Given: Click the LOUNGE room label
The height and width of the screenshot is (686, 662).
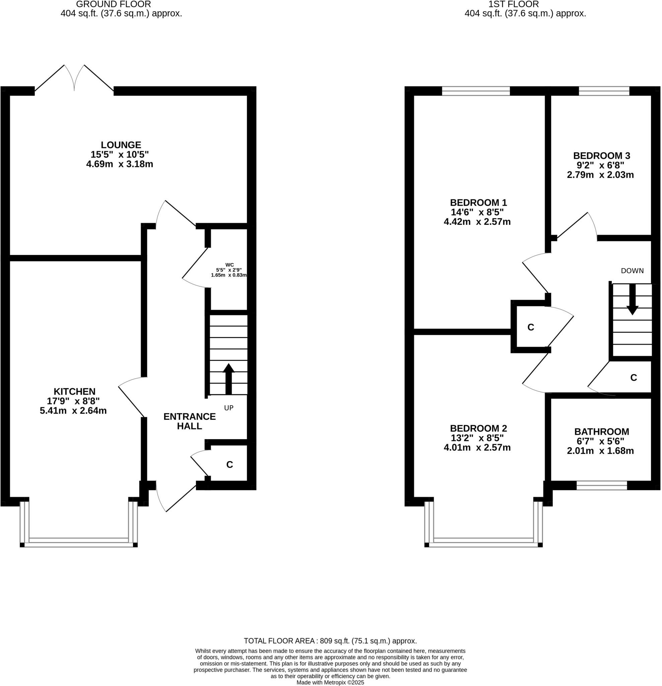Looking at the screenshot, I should click(x=121, y=145).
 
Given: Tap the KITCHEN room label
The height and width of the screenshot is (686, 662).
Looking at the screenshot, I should click(x=74, y=391).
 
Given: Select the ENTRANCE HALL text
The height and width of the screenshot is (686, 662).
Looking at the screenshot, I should click(x=189, y=421).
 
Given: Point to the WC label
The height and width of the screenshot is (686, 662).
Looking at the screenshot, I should click(x=229, y=265).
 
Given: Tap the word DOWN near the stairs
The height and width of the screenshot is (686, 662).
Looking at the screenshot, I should click(x=632, y=271).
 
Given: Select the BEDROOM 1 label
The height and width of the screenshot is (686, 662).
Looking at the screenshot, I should click(x=478, y=202).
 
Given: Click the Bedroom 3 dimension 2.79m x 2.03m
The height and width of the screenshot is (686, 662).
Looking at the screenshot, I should click(x=600, y=175).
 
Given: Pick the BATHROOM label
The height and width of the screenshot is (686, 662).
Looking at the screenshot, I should click(x=601, y=431).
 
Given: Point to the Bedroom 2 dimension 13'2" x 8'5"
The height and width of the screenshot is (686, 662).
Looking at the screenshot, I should click(x=477, y=438).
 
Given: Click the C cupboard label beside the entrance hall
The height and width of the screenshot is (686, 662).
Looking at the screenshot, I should click(x=229, y=465).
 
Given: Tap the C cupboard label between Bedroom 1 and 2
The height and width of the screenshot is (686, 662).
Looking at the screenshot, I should click(x=530, y=327).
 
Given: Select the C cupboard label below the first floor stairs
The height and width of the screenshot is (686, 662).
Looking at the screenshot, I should click(x=633, y=378).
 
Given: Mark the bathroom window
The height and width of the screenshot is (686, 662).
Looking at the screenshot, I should click(x=601, y=485).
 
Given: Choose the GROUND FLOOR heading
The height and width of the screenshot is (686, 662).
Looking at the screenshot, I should click(x=114, y=5).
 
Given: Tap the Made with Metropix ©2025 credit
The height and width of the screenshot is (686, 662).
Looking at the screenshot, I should click(x=330, y=683).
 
